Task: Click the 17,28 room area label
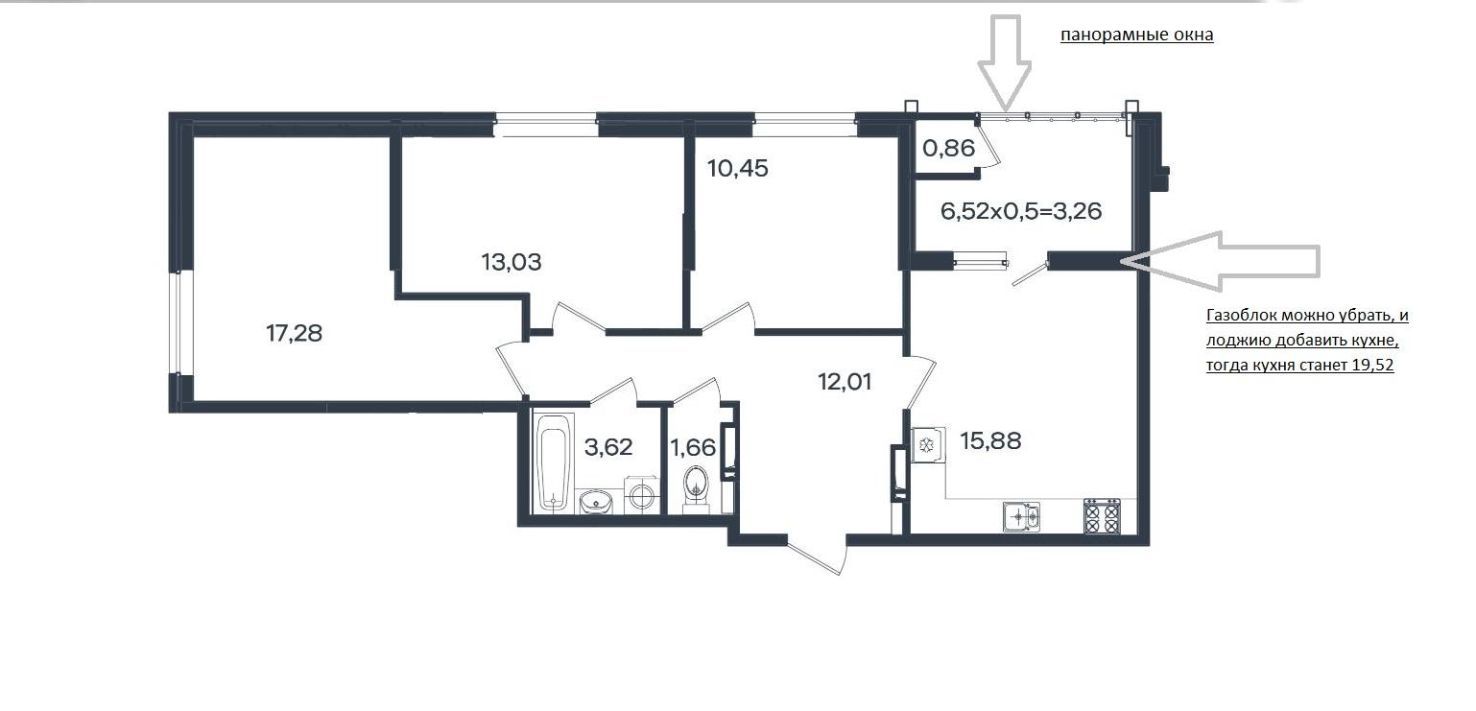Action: tap(294, 333)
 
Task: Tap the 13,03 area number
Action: tap(512, 262)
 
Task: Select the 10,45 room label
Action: tap(737, 169)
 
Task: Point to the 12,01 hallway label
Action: tap(845, 382)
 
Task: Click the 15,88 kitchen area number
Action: tap(990, 440)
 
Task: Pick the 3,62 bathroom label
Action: tap(608, 447)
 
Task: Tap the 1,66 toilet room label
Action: tap(693, 448)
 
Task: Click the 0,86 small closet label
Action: tap(948, 149)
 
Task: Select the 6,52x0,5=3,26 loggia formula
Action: tap(1021, 211)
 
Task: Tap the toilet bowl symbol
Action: tap(696, 488)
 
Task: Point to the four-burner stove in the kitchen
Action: tap(1102, 515)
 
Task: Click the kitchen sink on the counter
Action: tap(1021, 516)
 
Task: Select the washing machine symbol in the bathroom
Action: tap(641, 495)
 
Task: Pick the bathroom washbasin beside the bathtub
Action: tap(596, 502)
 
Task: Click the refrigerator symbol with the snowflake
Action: tap(928, 445)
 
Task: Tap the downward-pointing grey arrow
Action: tap(1004, 62)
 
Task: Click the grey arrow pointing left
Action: tap(1221, 262)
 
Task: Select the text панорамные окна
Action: tap(1136, 35)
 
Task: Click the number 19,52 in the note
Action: tap(1372, 365)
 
